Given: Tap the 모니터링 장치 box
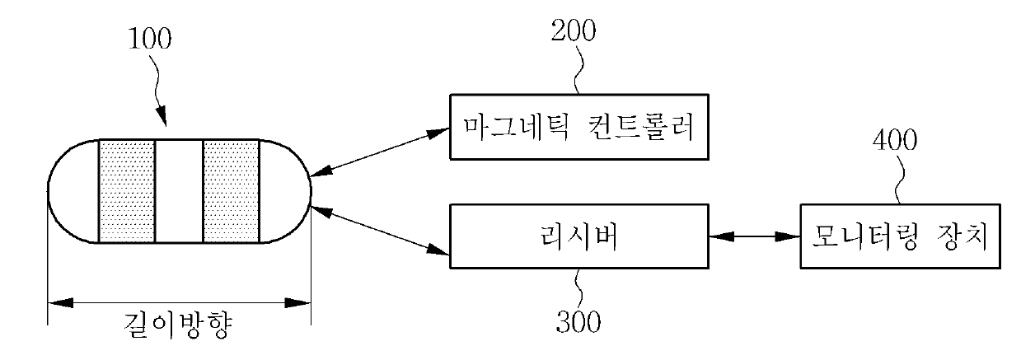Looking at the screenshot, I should click(904, 237).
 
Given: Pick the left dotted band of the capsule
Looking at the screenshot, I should click(126, 191).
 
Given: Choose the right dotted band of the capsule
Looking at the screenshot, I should click(231, 191).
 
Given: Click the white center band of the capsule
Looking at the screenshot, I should click(178, 191).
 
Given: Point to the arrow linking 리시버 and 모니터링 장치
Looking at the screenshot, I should click(754, 237).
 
